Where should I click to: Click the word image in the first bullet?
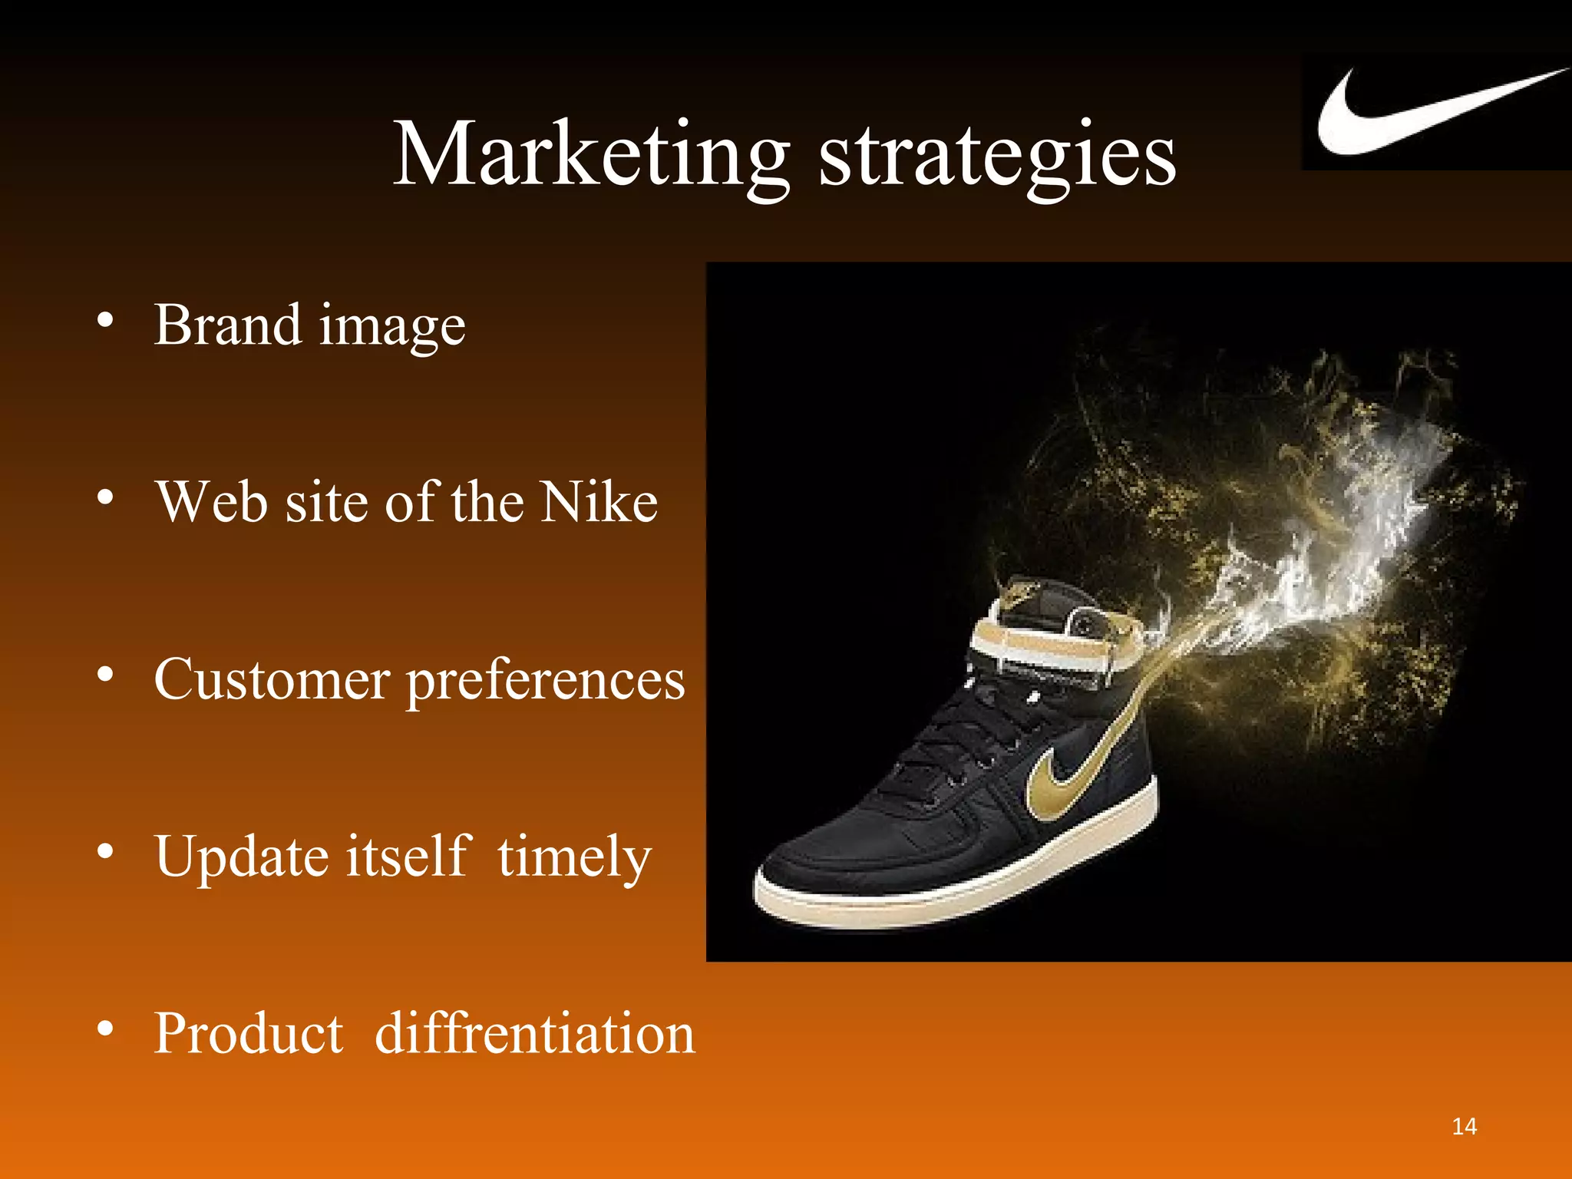point(391,329)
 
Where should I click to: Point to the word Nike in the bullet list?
point(598,502)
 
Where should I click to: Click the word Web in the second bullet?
point(212,502)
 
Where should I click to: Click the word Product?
point(249,1033)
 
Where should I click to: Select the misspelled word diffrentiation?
point(534,1033)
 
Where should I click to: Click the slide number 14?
point(1464,1126)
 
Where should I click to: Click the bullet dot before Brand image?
point(106,321)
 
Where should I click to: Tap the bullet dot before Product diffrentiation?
point(106,1029)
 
